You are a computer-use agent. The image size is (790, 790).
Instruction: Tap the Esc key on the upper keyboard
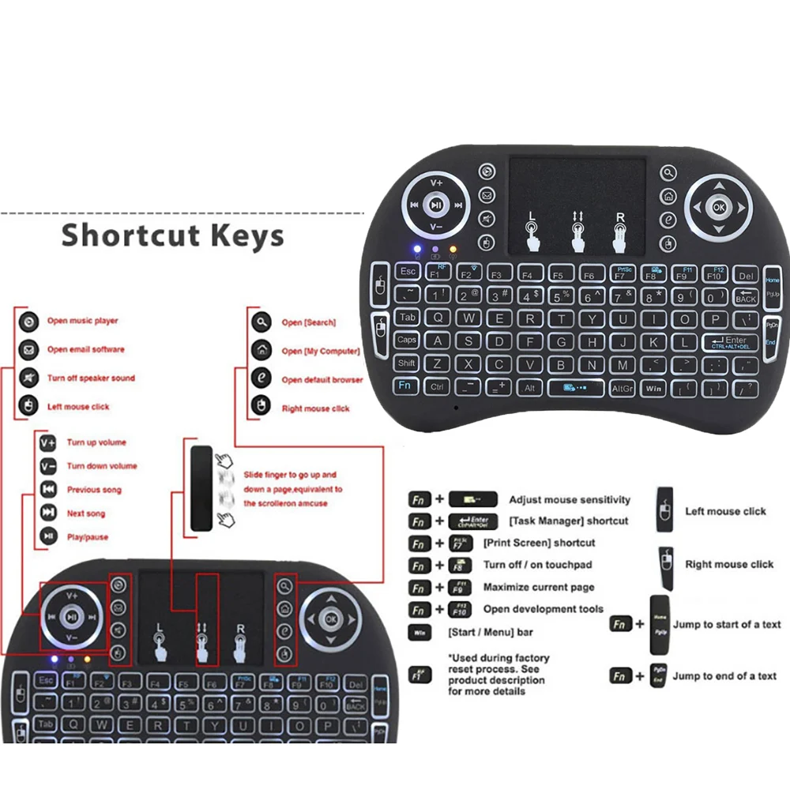(408, 271)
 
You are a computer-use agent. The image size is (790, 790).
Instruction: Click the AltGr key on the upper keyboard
(623, 389)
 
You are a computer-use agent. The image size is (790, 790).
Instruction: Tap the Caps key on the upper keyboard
(407, 340)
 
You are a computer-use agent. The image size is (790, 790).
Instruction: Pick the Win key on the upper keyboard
(653, 389)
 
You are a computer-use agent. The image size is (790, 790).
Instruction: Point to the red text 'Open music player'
(82, 321)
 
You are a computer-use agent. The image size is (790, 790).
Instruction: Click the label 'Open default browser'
(322, 380)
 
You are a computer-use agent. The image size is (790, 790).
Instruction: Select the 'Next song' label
(86, 513)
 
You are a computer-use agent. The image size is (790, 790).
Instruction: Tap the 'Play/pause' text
(88, 537)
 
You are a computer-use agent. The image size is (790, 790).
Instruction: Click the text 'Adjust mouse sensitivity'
(570, 500)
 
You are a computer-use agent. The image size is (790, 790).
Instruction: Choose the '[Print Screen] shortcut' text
(540, 544)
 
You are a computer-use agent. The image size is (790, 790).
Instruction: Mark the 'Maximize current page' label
(539, 588)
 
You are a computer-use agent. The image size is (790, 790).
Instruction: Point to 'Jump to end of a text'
(724, 676)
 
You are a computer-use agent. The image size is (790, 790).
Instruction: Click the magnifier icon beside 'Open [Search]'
(261, 322)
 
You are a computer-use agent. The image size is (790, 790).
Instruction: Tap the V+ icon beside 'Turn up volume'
(48, 442)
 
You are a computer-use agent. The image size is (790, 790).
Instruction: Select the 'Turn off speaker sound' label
(91, 378)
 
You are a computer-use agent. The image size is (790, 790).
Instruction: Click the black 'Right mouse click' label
(729, 564)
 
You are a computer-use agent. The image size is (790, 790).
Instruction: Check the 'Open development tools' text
(543, 609)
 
